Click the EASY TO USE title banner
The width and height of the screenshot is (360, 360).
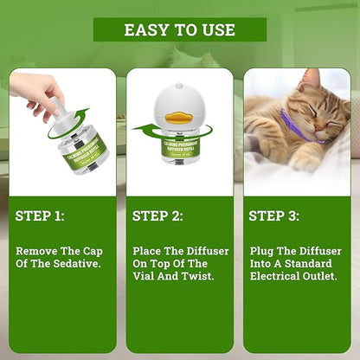[179, 29]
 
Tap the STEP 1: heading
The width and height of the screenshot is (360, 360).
[40, 215]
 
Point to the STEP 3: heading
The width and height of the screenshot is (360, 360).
[273, 215]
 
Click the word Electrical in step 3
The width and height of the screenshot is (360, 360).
[273, 275]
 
